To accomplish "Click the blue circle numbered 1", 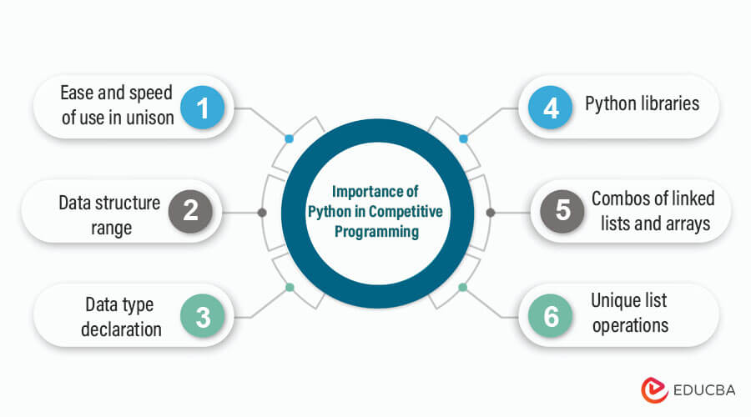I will click(201, 107).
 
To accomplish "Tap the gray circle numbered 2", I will click(191, 212).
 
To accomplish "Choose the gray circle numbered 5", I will click(562, 212).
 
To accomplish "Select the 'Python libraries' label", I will click(642, 105).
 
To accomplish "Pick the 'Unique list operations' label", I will click(630, 313).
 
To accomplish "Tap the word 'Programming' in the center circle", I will click(376, 232).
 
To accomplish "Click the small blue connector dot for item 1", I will click(289, 138).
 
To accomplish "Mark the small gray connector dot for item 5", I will click(491, 213).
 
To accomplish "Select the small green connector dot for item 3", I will click(289, 287).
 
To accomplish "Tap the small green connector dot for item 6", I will click(463, 287).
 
